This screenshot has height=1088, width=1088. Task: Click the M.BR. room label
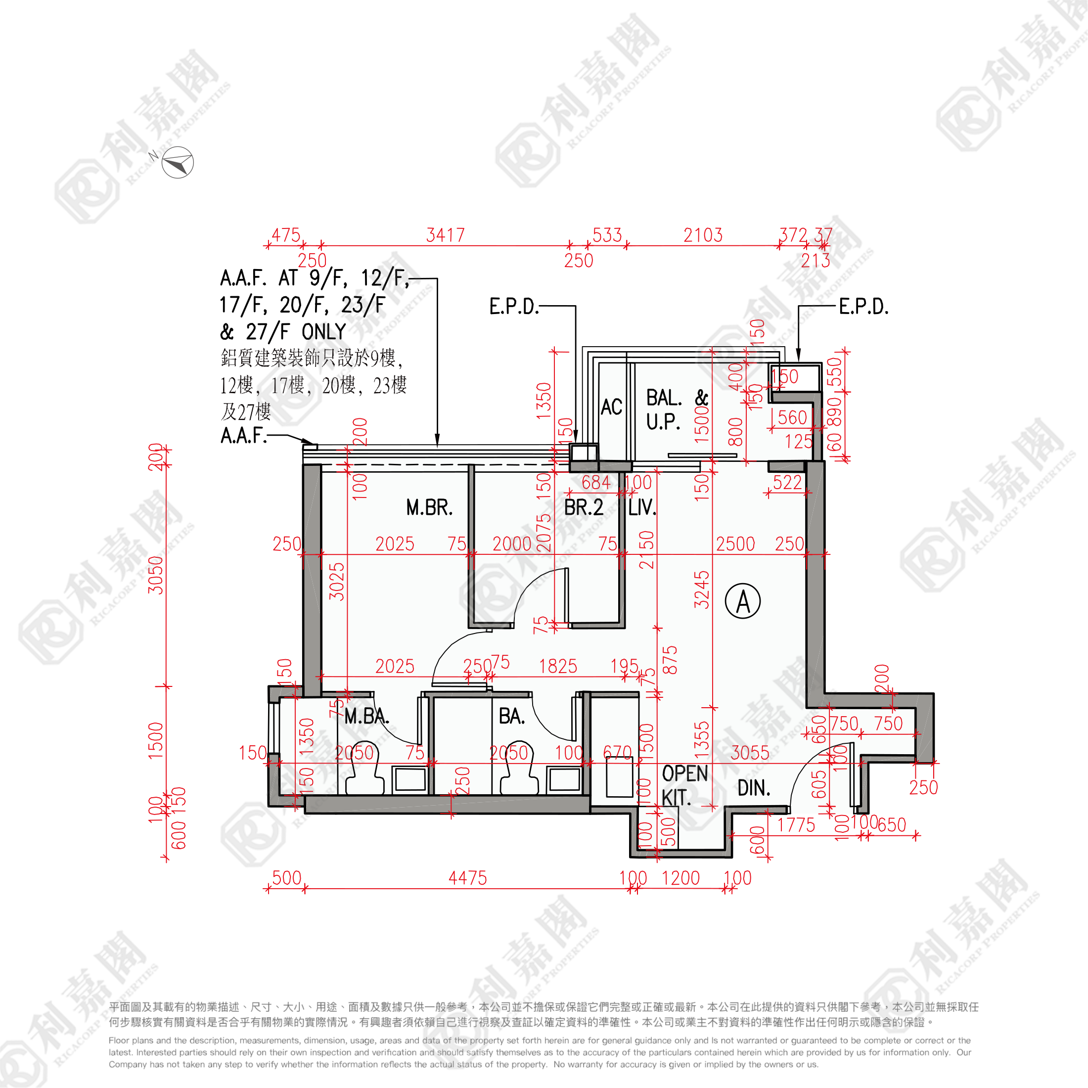tap(429, 507)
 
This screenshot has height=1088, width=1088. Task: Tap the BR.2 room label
tap(584, 507)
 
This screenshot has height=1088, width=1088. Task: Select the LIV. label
tap(642, 507)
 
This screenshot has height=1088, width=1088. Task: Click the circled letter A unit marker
tap(743, 601)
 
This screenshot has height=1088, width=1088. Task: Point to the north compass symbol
tap(178, 163)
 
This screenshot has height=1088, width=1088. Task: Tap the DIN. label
tap(754, 788)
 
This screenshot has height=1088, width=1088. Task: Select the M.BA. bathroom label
tap(366, 716)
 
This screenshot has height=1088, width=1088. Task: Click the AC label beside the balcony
tap(612, 407)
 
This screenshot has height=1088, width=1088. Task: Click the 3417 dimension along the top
tap(446, 235)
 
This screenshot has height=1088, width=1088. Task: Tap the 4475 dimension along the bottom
tap(467, 878)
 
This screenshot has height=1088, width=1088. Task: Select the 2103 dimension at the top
tap(703, 235)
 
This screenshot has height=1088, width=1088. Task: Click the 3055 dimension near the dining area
tap(750, 753)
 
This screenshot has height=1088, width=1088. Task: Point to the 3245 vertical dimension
tap(702, 589)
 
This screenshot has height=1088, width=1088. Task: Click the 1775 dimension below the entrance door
tap(796, 825)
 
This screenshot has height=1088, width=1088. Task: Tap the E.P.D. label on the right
tap(863, 307)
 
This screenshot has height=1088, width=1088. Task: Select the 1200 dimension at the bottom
tap(680, 878)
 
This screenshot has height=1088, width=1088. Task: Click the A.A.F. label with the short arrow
tap(243, 435)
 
